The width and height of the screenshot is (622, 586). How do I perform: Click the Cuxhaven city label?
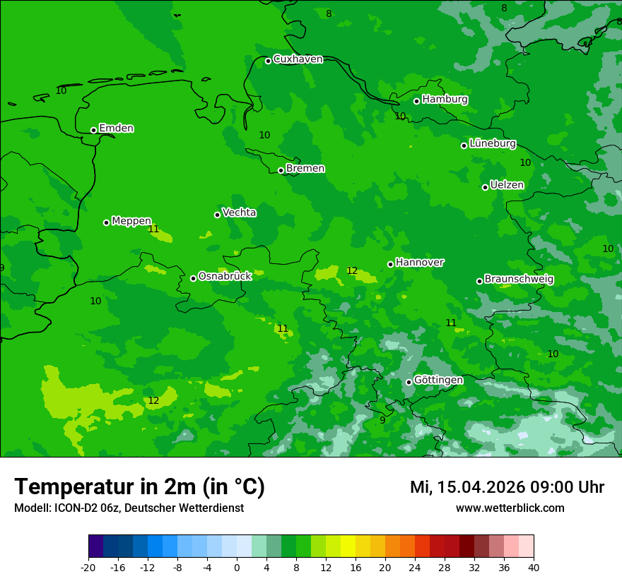[298, 59]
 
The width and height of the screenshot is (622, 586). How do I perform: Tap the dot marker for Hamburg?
[417, 101]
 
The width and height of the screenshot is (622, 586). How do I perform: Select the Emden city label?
[116, 128]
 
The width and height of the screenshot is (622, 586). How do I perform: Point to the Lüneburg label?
[492, 143]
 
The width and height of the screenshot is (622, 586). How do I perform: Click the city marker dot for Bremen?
[281, 170]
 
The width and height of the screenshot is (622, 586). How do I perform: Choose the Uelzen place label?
[507, 185]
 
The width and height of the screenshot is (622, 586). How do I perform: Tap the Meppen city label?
[131, 221]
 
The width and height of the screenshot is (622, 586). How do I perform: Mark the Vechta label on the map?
[239, 213]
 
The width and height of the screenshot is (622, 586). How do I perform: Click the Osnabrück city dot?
[193, 278]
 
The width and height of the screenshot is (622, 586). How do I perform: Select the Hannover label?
[419, 263]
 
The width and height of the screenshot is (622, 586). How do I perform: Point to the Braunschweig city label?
[519, 280]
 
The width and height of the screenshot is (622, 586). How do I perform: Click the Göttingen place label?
[438, 381]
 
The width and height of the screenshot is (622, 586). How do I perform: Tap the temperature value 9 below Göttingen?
[382, 420]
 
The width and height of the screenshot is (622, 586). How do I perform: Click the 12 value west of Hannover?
[352, 271]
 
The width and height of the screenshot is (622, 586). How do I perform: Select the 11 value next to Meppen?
[154, 229]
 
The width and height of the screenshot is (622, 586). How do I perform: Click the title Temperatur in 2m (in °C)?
[140, 486]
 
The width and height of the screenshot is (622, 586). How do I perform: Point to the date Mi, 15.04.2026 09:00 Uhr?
[507, 487]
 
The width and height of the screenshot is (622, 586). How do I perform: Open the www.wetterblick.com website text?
[510, 508]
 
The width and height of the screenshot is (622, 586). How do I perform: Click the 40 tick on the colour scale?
[534, 568]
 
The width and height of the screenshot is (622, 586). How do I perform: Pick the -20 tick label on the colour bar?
[88, 568]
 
